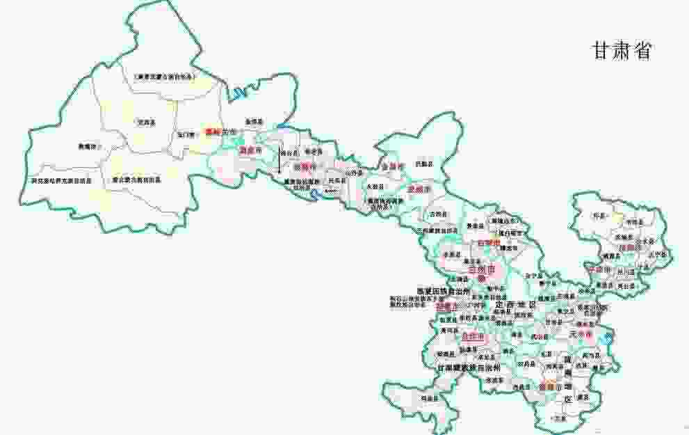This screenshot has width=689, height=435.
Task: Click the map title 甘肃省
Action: (621, 51)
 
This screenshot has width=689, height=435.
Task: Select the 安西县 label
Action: (145, 122)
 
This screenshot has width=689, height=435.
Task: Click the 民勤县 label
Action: (422, 164)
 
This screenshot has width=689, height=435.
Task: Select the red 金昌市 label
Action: (392, 167)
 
